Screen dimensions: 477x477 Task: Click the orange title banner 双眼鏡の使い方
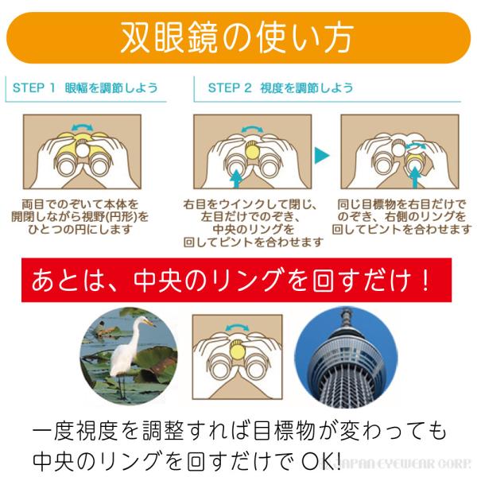point(238,35)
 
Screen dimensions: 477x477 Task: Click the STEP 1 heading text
point(34,87)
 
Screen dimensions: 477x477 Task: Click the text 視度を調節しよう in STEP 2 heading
point(306,87)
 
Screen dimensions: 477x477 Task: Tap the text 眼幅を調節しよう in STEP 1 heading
point(112,87)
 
